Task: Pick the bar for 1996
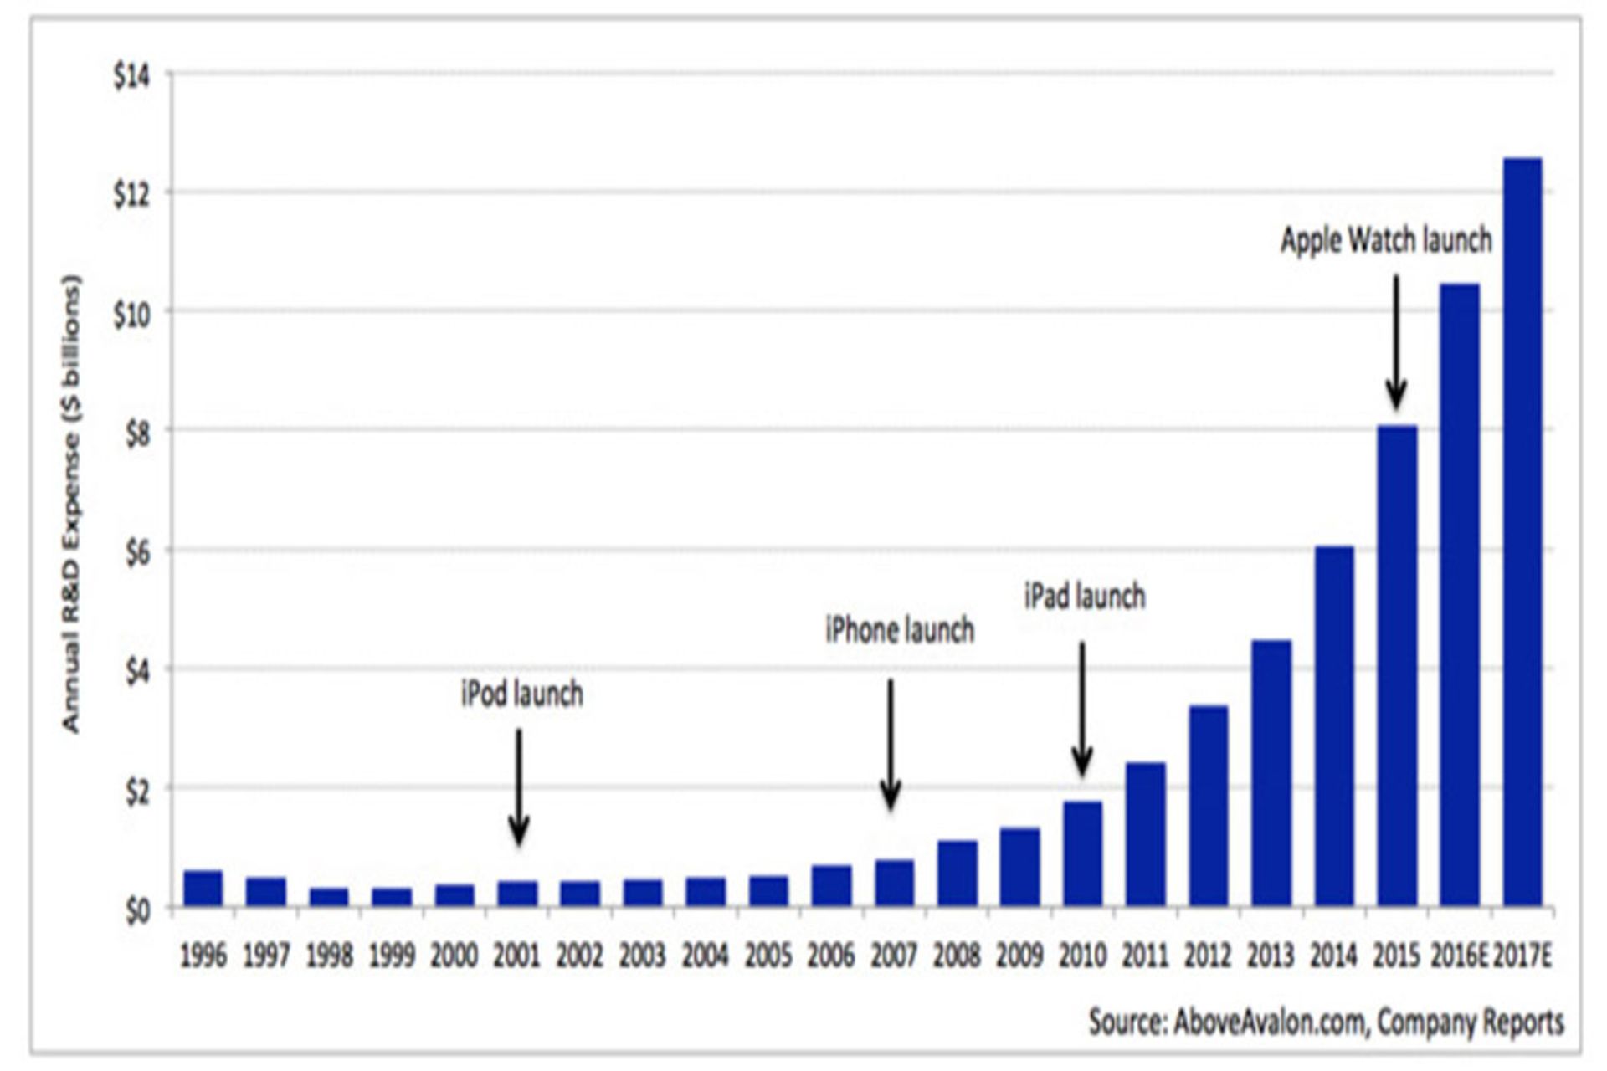pyautogui.click(x=203, y=889)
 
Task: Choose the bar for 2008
pyautogui.click(x=957, y=874)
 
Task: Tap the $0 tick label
pyautogui.click(x=138, y=910)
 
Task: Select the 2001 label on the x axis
pyautogui.click(x=517, y=956)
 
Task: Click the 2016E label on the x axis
pyautogui.click(x=1458, y=956)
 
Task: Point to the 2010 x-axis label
pyautogui.click(x=1082, y=956)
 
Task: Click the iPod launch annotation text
pyautogui.click(x=521, y=694)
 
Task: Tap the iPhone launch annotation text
pyautogui.click(x=900, y=630)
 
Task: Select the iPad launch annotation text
pyautogui.click(x=1085, y=597)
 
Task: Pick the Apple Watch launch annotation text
pyautogui.click(x=1386, y=240)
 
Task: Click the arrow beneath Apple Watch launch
pyautogui.click(x=1395, y=343)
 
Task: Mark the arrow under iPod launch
pyautogui.click(x=519, y=787)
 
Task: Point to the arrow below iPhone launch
pyautogui.click(x=891, y=745)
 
